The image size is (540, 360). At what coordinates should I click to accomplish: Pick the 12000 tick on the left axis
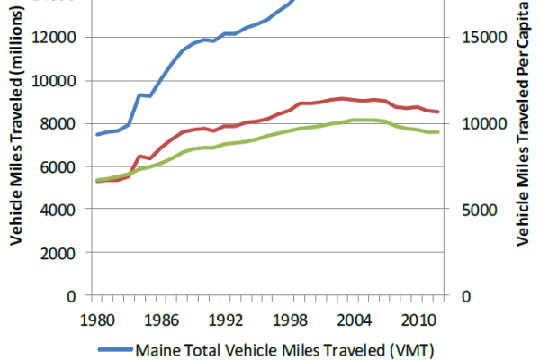tap(57, 38)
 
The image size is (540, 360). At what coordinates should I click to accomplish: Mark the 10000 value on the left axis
tap(57, 81)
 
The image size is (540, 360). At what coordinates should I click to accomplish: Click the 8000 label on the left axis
tap(61, 124)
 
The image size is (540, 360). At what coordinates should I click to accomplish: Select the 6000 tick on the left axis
tap(61, 167)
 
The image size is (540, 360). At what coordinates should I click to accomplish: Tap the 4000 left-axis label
tap(61, 210)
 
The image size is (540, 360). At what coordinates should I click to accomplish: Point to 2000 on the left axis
tap(61, 253)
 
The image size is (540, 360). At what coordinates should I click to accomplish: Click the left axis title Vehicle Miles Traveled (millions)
tap(16, 148)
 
